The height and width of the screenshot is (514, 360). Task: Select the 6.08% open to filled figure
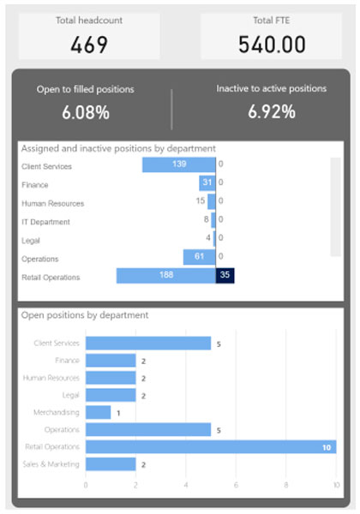[x=85, y=111]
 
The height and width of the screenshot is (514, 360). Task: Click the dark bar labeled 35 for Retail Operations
[x=225, y=276]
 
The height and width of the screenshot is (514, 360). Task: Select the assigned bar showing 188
[x=165, y=276]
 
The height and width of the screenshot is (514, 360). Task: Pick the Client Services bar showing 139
[x=178, y=164]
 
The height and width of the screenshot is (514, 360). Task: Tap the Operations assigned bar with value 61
[x=199, y=257]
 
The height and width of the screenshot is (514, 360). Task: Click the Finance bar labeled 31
[x=207, y=182]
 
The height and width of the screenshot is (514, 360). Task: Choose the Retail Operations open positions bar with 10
[x=210, y=446]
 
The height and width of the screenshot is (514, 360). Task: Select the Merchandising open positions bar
[x=98, y=412]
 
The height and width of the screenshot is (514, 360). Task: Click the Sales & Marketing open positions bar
[x=111, y=463]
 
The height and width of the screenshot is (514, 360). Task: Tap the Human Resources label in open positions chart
[x=51, y=378]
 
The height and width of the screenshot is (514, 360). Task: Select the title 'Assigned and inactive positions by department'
[x=117, y=148]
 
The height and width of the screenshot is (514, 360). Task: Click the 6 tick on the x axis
[x=236, y=485]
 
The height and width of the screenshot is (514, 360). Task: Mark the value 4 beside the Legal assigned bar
[x=208, y=237]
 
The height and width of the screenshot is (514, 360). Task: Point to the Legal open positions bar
[x=111, y=395]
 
